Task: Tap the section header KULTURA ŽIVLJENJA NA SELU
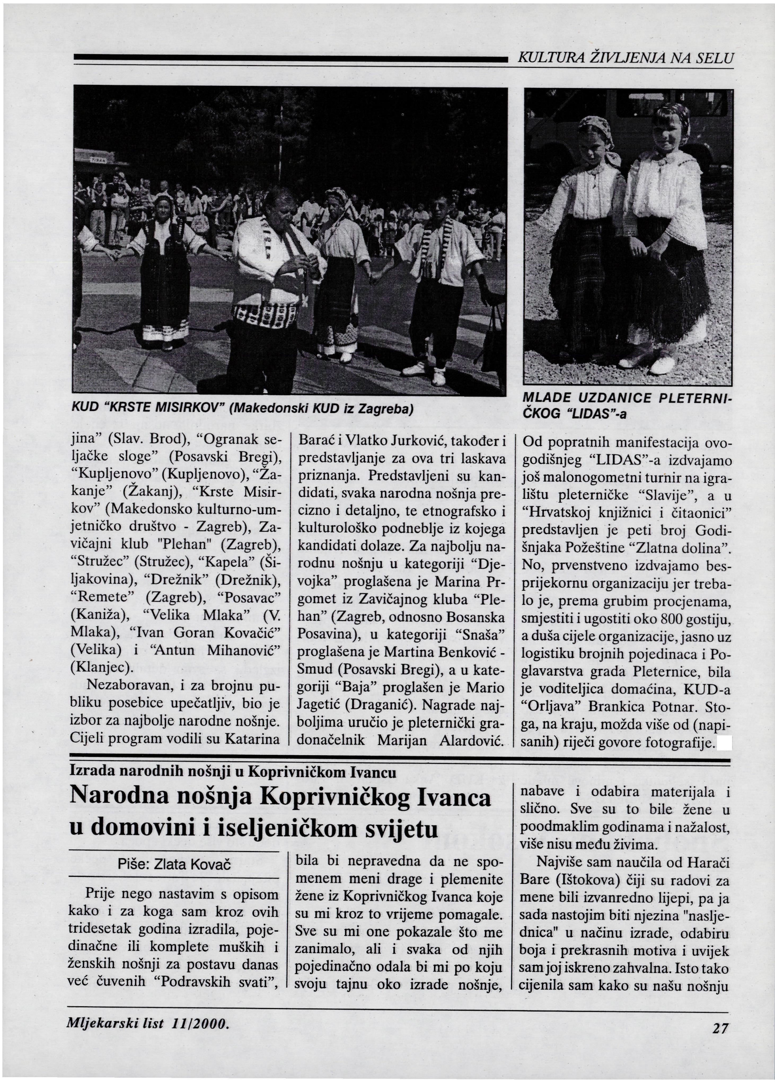click(x=625, y=58)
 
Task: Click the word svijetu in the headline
click(x=401, y=829)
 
